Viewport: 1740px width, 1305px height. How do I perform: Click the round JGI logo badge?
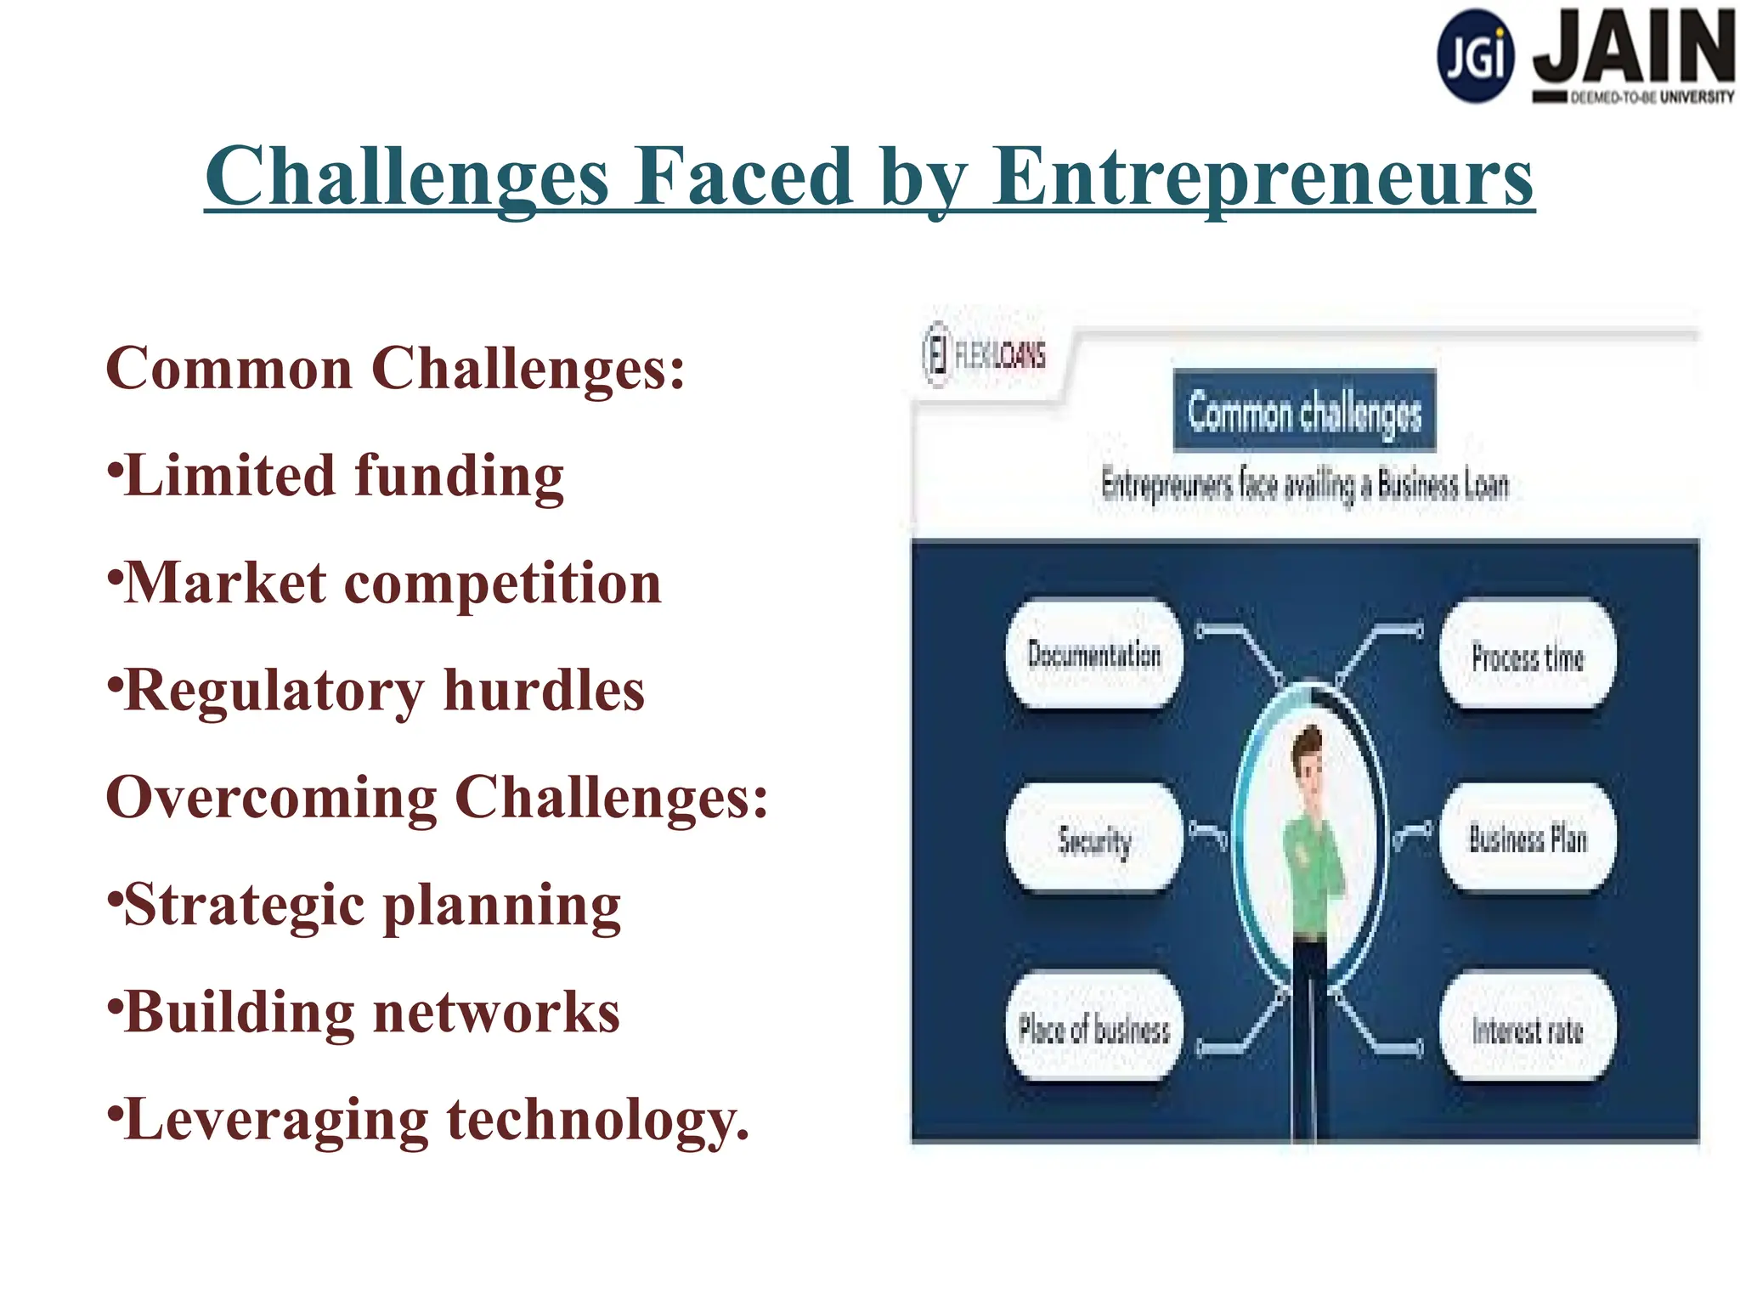point(1475,56)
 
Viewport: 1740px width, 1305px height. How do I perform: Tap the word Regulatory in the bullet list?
point(274,691)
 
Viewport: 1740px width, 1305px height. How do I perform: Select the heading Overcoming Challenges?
point(437,798)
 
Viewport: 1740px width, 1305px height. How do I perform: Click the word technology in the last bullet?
point(597,1120)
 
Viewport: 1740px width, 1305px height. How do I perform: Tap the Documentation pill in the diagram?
point(1094,654)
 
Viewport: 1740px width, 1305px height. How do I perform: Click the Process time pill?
point(1528,657)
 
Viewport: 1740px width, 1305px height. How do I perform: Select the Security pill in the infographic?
point(1094,839)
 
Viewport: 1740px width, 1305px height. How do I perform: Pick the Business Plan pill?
point(1528,839)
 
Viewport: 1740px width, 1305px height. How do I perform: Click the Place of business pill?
point(1094,1029)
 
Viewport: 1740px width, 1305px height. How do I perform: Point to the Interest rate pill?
point(1528,1029)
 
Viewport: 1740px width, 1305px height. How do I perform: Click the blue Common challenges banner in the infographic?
point(1304,411)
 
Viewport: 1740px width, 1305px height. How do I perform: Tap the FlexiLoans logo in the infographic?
point(985,354)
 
